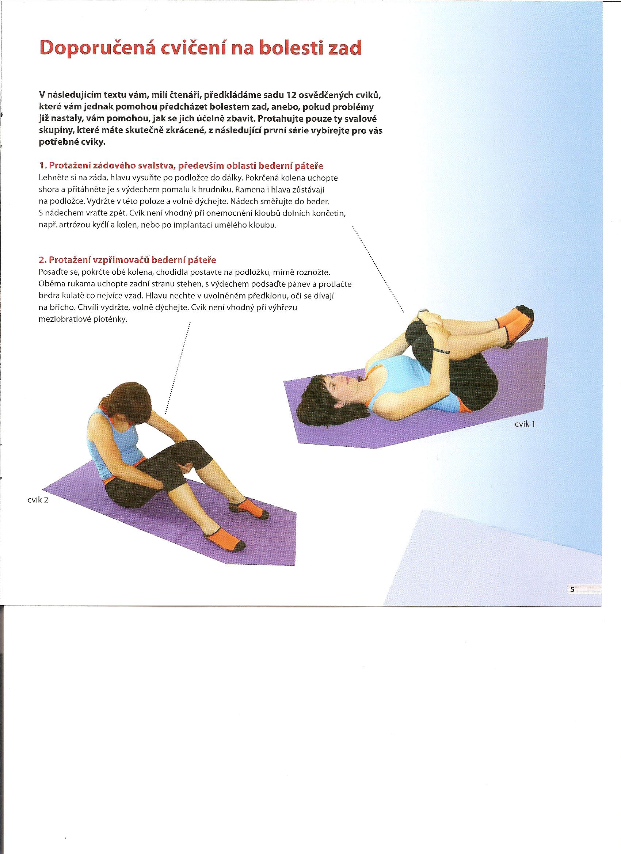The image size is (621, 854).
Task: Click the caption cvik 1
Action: pyautogui.click(x=525, y=424)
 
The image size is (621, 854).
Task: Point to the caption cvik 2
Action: pyautogui.click(x=38, y=500)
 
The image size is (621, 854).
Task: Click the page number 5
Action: pyautogui.click(x=572, y=590)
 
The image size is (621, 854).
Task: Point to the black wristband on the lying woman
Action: pyautogui.click(x=441, y=351)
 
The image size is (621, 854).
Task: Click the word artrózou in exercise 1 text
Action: pyautogui.click(x=71, y=225)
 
